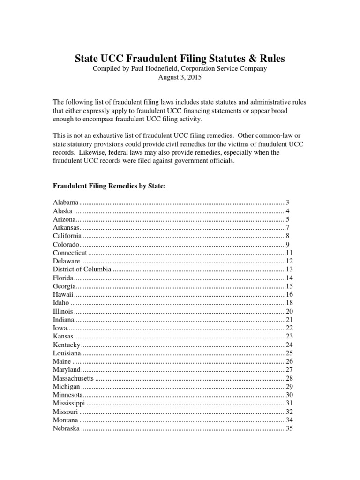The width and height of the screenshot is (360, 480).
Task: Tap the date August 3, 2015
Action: pyautogui.click(x=180, y=78)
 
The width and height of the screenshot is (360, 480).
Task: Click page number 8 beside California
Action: pyautogui.click(x=289, y=236)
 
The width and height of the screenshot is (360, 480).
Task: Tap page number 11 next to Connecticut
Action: pyautogui.click(x=289, y=253)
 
